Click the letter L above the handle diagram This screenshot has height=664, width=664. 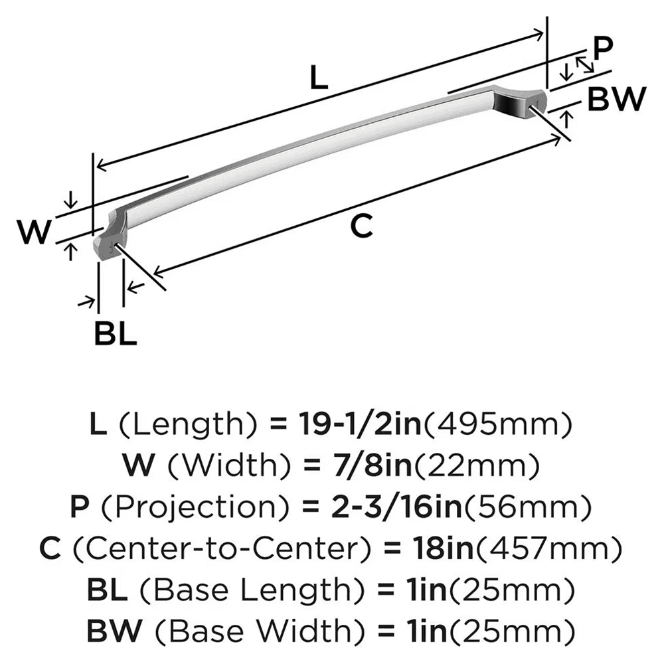point(319,80)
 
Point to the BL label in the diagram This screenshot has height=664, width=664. point(115,334)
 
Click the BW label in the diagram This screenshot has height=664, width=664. point(617,100)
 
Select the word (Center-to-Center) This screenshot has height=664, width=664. point(227,548)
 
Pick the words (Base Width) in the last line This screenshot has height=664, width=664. point(263,629)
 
